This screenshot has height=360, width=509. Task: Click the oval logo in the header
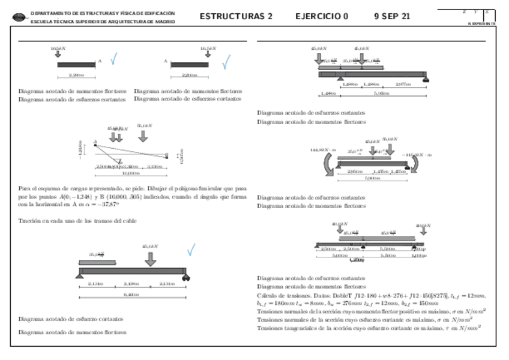pyautogui.click(x=20, y=17)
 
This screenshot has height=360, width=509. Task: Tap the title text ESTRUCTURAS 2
pyautogui.click(x=236, y=17)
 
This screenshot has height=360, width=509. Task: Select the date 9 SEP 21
pyautogui.click(x=392, y=17)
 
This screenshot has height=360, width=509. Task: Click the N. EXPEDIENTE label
pyautogui.click(x=481, y=23)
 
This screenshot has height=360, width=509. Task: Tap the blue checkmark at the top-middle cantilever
pyautogui.click(x=226, y=62)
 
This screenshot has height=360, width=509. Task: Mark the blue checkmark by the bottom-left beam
pyautogui.click(x=191, y=250)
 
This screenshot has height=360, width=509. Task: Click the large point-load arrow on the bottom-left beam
pyautogui.click(x=150, y=259)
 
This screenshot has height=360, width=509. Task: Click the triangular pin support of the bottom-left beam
pyautogui.click(x=79, y=275)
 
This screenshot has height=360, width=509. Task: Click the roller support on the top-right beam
pyautogui.click(x=425, y=79)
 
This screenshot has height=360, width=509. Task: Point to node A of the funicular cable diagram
pyautogui.click(x=95, y=143)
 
